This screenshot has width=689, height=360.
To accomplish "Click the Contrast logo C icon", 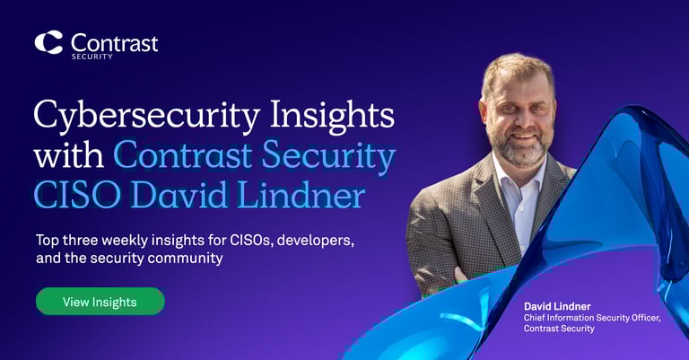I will tap(48, 42).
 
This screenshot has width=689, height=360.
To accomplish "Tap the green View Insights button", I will tap(100, 302).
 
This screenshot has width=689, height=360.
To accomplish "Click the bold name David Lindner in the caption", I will tap(556, 306).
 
